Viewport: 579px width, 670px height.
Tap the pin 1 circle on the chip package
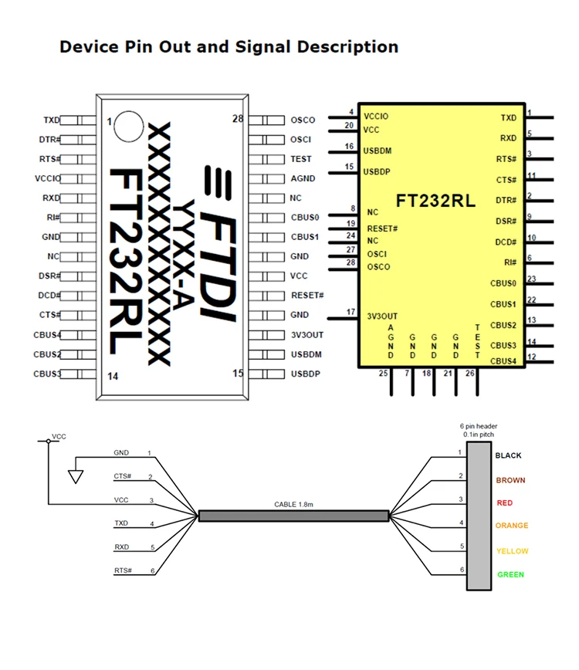pyautogui.click(x=128, y=126)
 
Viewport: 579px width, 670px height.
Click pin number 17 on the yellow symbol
pyautogui.click(x=351, y=312)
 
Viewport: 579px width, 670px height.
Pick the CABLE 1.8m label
pyautogui.click(x=294, y=504)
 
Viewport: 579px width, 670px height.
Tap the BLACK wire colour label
pyautogui.click(x=510, y=455)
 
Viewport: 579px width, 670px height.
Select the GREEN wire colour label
pyautogui.click(x=510, y=574)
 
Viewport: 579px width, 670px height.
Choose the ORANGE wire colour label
pyautogui.click(x=512, y=526)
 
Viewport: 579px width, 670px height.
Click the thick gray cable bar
pyautogui.click(x=293, y=516)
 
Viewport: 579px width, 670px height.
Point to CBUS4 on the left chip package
pyautogui.click(x=47, y=335)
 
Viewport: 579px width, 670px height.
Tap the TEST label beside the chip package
pyautogui.click(x=301, y=159)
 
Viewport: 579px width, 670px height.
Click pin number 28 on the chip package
pyautogui.click(x=238, y=119)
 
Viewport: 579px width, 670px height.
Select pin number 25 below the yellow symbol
pyautogui.click(x=383, y=374)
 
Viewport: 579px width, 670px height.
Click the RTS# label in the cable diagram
pyautogui.click(x=122, y=570)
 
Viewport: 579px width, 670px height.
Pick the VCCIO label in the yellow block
pyautogui.click(x=376, y=117)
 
